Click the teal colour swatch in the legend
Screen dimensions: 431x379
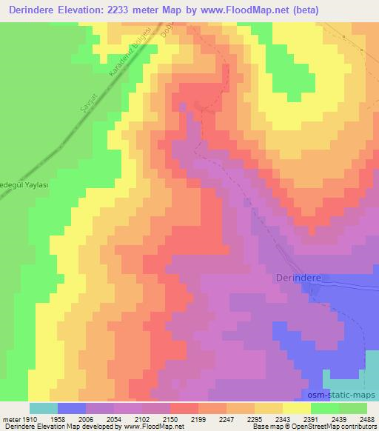click(x=44, y=408)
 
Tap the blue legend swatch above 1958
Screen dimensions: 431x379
click(x=72, y=408)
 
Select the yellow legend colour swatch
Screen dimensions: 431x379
click(x=296, y=408)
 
